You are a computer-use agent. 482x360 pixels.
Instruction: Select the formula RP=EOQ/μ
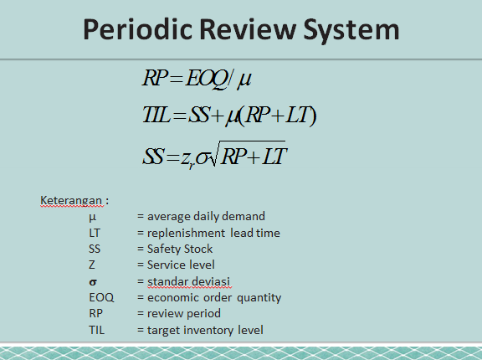(197, 80)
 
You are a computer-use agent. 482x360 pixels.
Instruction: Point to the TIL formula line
(228, 117)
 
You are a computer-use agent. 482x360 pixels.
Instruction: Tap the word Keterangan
(72, 201)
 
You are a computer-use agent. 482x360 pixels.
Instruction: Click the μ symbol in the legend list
(92, 217)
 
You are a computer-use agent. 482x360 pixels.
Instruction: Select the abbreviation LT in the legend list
(95, 233)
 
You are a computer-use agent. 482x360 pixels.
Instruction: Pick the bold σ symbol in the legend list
(92, 281)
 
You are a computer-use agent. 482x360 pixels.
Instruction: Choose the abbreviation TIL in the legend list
(96, 330)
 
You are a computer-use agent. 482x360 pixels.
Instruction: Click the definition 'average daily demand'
(206, 217)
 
